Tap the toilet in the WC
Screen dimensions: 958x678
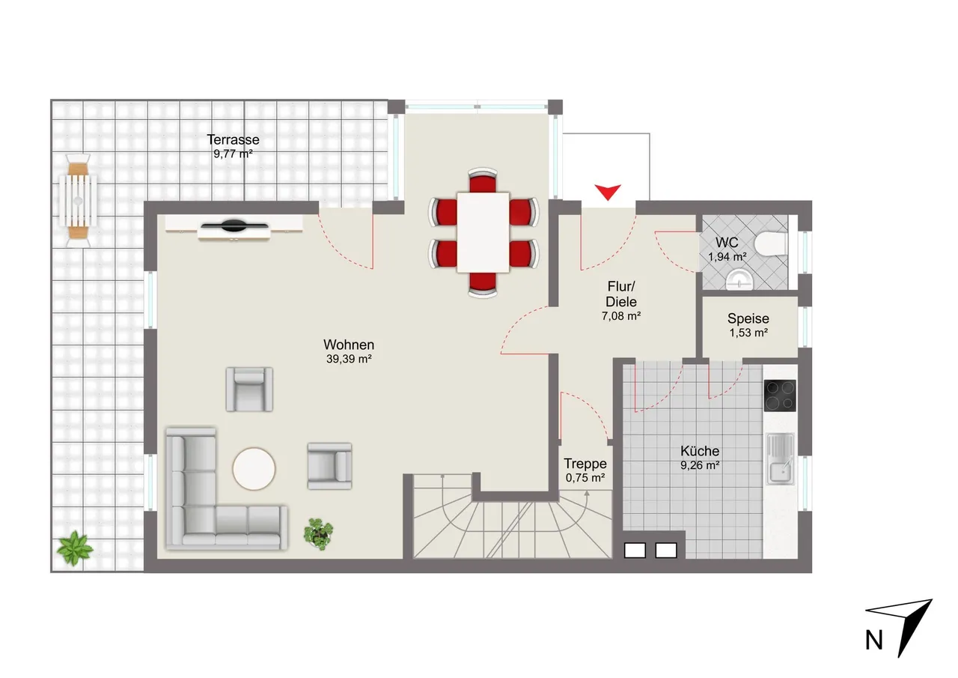click(771, 244)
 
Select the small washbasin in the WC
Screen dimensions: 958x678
click(739, 280)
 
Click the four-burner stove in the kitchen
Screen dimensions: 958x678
click(780, 396)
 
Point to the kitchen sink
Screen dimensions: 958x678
click(781, 458)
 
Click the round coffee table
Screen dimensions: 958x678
click(254, 469)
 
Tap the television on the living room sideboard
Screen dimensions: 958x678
click(234, 226)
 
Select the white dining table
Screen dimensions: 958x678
click(483, 232)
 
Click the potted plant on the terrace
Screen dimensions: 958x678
click(75, 548)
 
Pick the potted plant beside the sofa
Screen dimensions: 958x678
click(318, 533)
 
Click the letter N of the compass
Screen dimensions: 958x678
click(873, 641)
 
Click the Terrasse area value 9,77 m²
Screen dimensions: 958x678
click(233, 154)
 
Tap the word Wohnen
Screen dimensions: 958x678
click(349, 345)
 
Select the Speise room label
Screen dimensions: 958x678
click(748, 318)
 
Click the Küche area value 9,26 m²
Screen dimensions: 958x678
click(700, 465)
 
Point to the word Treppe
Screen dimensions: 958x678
click(585, 464)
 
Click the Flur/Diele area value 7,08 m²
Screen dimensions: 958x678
click(621, 316)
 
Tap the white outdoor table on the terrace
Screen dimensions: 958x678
click(78, 201)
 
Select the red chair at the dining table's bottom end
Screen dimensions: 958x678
click(483, 284)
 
